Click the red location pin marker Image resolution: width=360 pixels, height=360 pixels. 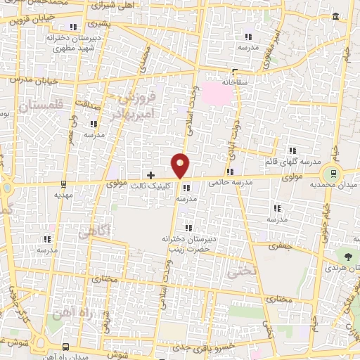tap(181, 165)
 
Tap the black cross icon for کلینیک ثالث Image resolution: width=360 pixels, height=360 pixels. tap(150, 174)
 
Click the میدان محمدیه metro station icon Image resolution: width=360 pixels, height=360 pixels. tap(330, 173)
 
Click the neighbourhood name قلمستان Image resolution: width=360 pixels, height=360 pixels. tap(41, 106)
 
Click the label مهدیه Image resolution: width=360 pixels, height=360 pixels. tap(64, 196)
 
